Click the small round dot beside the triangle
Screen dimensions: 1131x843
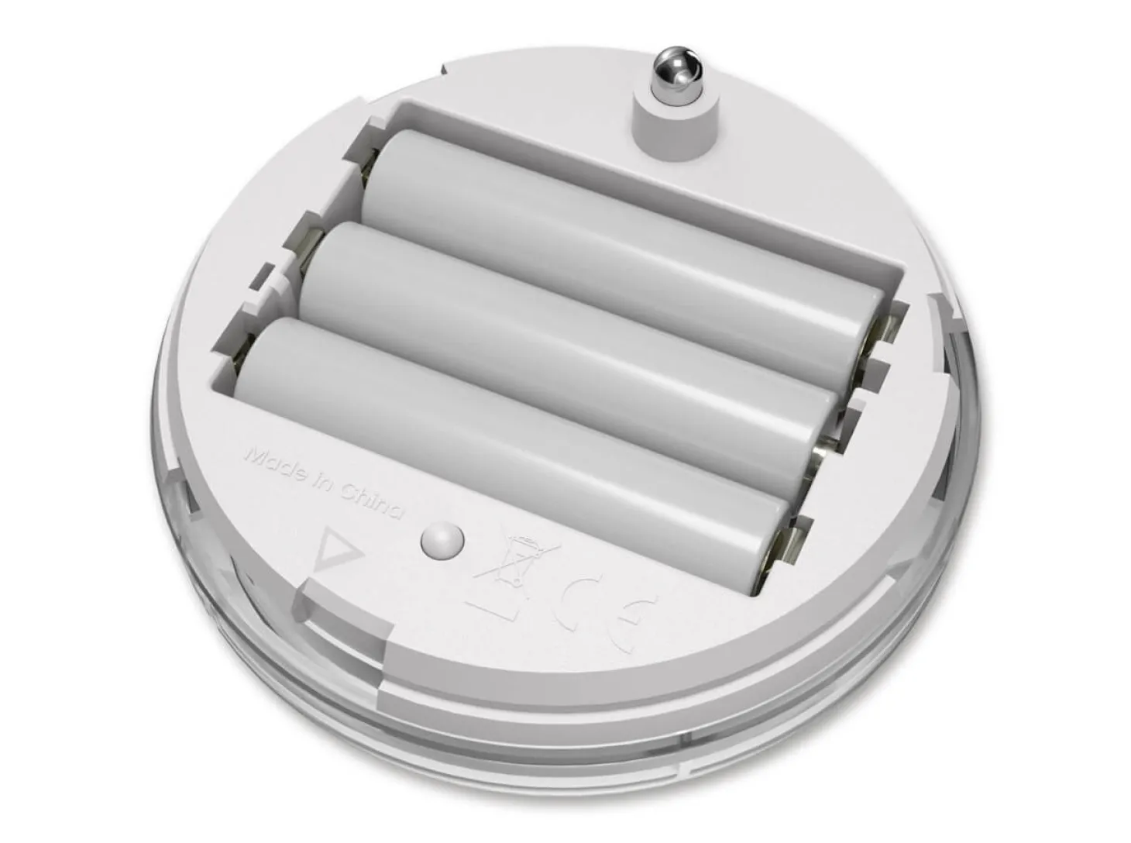442,541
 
